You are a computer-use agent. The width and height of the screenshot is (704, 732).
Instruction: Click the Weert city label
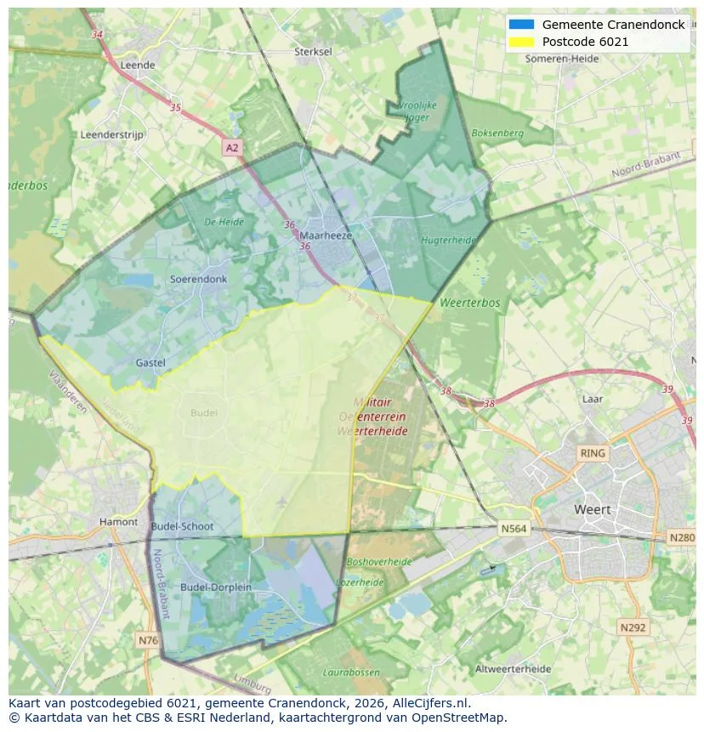(x=592, y=510)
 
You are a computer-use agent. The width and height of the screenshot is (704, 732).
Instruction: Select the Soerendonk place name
(x=198, y=279)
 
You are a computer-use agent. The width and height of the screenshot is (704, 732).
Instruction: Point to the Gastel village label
(x=150, y=363)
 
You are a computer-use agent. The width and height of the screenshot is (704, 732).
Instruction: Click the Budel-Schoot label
(x=182, y=526)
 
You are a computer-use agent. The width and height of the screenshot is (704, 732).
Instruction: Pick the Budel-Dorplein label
(x=215, y=587)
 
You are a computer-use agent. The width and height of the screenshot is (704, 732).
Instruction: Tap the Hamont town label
(x=118, y=522)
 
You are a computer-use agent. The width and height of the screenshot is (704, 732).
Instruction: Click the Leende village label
(x=138, y=65)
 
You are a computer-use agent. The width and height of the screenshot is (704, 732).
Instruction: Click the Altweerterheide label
(x=513, y=669)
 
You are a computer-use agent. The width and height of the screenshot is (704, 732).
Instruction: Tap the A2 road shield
(x=232, y=148)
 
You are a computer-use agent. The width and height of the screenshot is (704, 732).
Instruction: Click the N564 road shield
(x=513, y=529)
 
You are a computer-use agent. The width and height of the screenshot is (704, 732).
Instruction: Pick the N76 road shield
(x=147, y=639)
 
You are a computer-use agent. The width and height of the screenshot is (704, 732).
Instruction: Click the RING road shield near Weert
(x=592, y=453)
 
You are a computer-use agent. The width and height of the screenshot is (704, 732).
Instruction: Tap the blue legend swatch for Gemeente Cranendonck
(x=521, y=25)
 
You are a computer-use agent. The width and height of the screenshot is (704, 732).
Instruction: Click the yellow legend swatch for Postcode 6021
(x=521, y=42)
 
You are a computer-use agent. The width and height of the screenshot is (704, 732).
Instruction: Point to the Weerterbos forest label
(x=469, y=303)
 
